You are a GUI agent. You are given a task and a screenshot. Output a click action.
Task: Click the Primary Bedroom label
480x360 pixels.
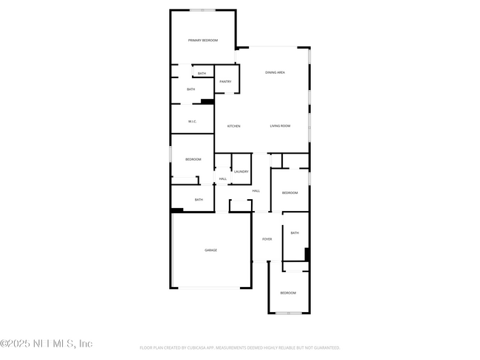pyautogui.click(x=202, y=41)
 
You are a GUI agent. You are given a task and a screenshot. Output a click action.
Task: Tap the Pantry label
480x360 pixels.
pyautogui.click(x=226, y=82)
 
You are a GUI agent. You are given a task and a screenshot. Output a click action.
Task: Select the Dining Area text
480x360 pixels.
pyautogui.click(x=275, y=72)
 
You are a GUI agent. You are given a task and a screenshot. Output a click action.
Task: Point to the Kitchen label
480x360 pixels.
pyautogui.click(x=233, y=126)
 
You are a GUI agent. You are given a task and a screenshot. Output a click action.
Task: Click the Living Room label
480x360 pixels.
pyautogui.click(x=280, y=126)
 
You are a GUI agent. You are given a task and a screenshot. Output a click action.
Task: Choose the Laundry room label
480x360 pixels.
pyautogui.click(x=241, y=172)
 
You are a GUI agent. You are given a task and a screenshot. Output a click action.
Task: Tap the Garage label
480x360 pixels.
pyautogui.click(x=210, y=250)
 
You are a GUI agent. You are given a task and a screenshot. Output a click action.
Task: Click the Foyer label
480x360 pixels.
pyautogui.click(x=267, y=239)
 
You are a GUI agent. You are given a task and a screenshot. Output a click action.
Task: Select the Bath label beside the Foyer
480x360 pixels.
pyautogui.click(x=294, y=233)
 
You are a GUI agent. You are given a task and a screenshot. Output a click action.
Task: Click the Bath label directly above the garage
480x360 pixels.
pyautogui.click(x=199, y=199)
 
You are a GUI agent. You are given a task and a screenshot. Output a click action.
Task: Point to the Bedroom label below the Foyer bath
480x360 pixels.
pyautogui.click(x=287, y=293)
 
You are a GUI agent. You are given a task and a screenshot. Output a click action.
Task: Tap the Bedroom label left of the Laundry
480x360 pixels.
pyautogui.click(x=193, y=159)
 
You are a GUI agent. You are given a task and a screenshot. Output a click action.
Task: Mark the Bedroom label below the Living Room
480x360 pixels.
pyautogui.click(x=289, y=193)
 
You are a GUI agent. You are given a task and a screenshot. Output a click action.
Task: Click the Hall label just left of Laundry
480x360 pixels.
pyautogui.click(x=222, y=179)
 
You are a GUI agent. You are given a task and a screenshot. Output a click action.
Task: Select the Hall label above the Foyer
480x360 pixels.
pyautogui.click(x=256, y=191)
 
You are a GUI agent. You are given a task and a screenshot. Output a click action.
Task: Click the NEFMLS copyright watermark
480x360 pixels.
pyautogui.click(x=47, y=344)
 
